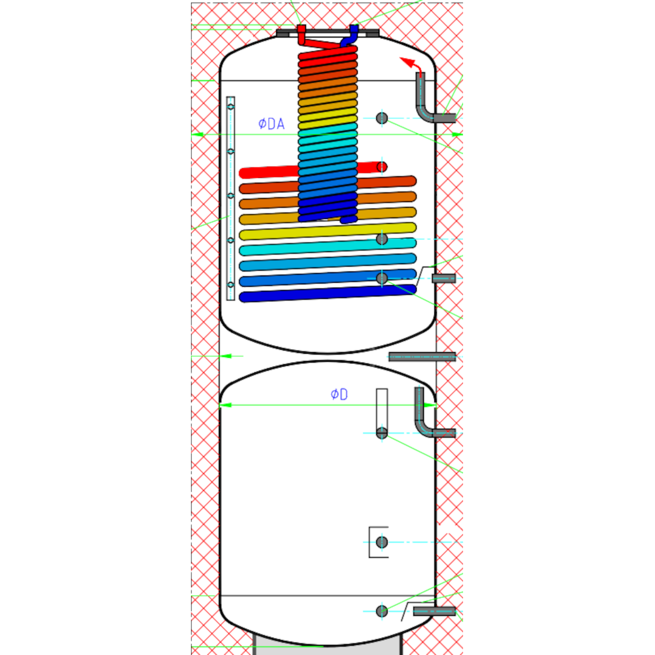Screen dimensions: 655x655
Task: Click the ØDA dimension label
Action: click(271, 124)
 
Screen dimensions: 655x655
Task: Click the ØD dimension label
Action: click(339, 395)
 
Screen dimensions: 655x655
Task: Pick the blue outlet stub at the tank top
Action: click(352, 35)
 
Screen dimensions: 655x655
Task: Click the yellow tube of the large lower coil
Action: click(327, 231)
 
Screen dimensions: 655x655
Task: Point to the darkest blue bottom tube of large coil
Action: click(327, 294)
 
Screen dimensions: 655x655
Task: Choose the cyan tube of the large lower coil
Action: click(327, 247)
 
